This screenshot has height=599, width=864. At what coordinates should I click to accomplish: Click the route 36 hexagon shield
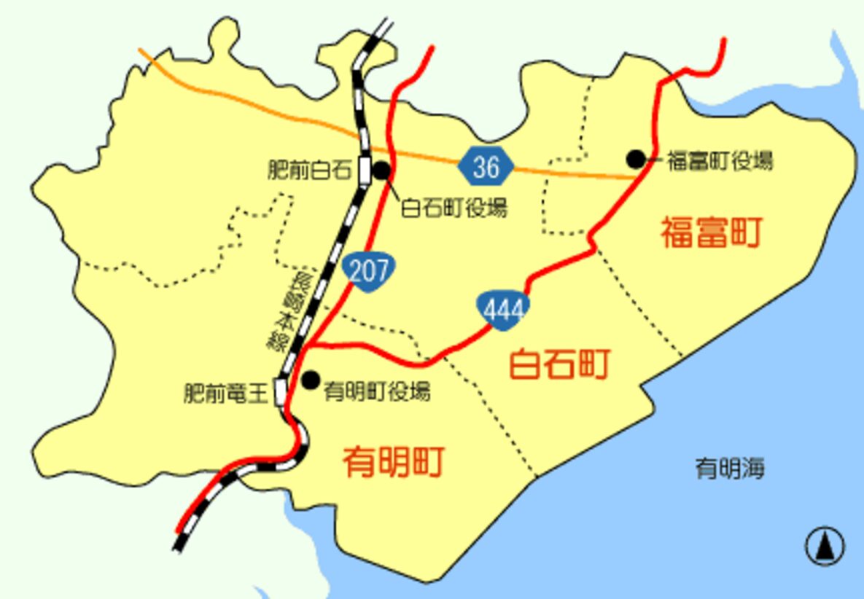click(x=486, y=167)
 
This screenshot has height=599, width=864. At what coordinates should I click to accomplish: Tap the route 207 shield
click(x=369, y=270)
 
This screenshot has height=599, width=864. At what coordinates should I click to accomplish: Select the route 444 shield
click(x=503, y=310)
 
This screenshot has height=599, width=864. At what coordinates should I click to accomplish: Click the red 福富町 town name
click(x=711, y=232)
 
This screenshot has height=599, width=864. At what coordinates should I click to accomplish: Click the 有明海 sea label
click(x=730, y=468)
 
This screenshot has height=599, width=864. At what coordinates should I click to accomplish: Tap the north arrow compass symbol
click(x=825, y=546)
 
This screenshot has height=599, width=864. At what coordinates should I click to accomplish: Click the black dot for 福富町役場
click(x=636, y=159)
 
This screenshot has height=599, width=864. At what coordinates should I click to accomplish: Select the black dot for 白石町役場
click(x=381, y=171)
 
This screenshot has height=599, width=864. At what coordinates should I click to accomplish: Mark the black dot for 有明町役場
click(x=311, y=380)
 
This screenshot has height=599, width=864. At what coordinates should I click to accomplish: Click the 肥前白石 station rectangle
click(x=365, y=171)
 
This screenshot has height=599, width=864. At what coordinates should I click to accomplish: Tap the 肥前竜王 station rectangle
click(x=281, y=391)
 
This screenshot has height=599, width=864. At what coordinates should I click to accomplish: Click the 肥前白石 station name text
click(x=310, y=171)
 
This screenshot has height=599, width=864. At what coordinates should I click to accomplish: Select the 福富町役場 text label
click(x=720, y=161)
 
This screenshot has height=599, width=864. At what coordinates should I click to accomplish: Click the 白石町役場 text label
click(x=454, y=208)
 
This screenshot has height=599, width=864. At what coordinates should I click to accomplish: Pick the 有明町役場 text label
click(x=377, y=391)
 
